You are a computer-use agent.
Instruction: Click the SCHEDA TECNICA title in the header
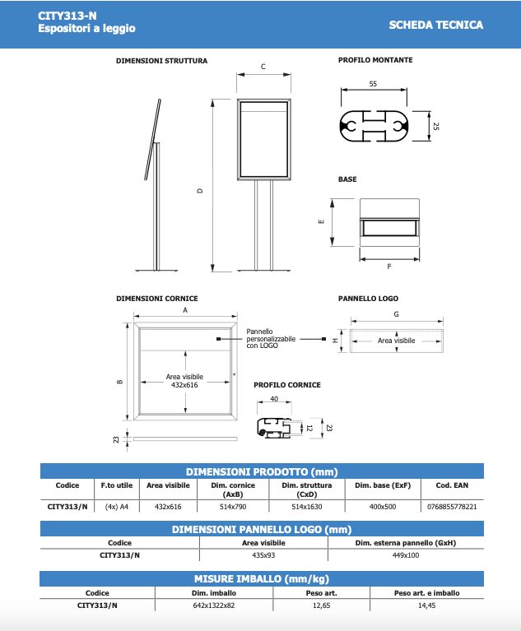(435, 25)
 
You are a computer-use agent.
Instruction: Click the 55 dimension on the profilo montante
(373, 85)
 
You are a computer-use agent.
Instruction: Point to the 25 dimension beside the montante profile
(436, 126)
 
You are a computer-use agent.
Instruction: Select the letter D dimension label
(200, 191)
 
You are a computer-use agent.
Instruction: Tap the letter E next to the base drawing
(322, 220)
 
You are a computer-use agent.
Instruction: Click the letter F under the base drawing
(388, 267)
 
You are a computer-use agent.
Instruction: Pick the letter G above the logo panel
(397, 314)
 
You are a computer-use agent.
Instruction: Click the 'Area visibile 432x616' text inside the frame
(184, 380)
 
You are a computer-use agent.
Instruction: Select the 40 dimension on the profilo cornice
(274, 399)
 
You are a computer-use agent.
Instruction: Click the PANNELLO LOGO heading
(368, 299)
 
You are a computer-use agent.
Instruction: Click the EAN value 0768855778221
(453, 506)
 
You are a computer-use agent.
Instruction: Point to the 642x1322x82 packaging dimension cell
(207, 605)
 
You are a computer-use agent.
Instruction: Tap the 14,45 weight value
(426, 605)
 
